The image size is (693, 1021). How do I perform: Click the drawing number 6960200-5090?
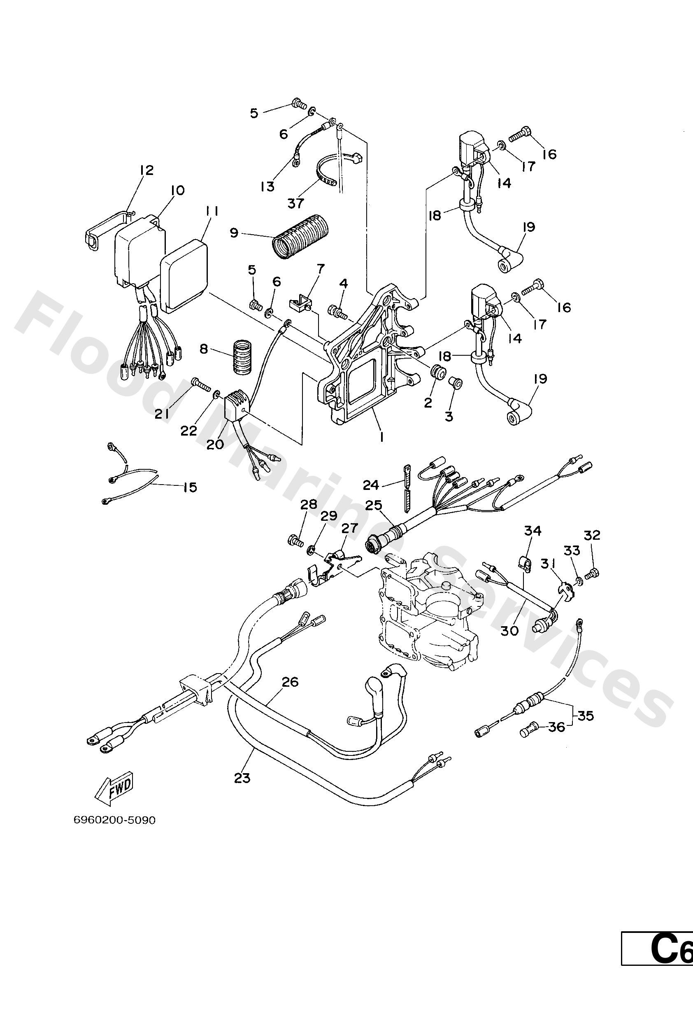click(x=115, y=821)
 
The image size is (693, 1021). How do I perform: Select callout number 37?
click(x=296, y=203)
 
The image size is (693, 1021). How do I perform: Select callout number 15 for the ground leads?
click(x=190, y=487)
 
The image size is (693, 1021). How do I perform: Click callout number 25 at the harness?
click(x=373, y=505)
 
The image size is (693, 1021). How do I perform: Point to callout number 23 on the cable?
click(x=242, y=778)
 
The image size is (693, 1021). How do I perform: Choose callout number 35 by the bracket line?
click(x=586, y=716)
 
